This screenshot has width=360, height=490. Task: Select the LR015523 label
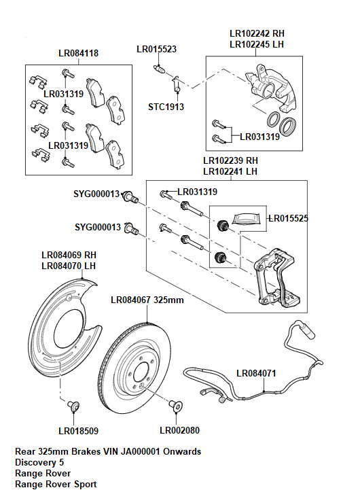(157, 49)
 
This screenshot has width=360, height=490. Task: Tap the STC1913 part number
(166, 107)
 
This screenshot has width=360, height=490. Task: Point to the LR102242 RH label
(257, 33)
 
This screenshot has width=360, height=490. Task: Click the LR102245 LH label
(257, 43)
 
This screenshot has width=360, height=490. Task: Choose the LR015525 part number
(289, 218)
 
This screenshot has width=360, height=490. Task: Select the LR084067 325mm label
(147, 299)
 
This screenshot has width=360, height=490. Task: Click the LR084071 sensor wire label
(256, 373)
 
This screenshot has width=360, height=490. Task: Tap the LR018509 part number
(78, 430)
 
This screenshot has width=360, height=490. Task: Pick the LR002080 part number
(179, 430)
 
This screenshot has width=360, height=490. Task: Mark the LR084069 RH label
(68, 255)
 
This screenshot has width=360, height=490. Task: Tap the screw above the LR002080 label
(175, 406)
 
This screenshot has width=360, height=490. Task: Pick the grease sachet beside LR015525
(247, 218)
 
